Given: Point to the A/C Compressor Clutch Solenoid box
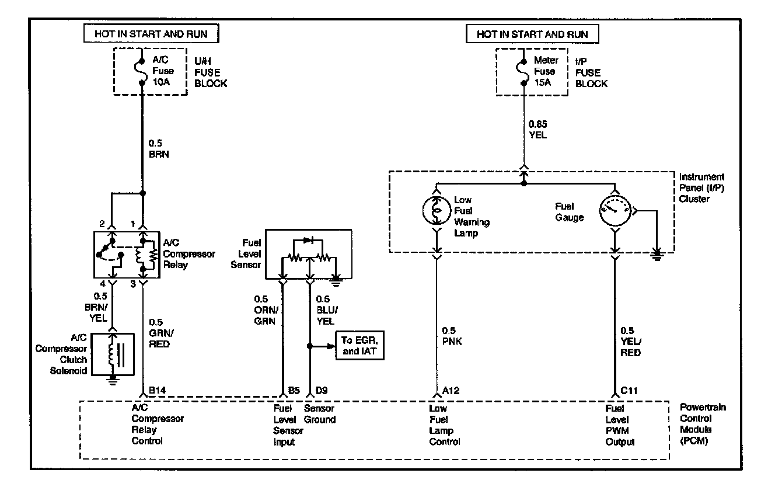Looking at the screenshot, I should click(x=112, y=354).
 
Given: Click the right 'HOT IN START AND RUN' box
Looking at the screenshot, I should click(x=532, y=34).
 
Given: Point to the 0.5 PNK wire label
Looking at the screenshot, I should click(x=452, y=336).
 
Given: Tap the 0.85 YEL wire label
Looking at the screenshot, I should click(x=538, y=130).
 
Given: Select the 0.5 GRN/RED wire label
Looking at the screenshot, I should click(x=159, y=333).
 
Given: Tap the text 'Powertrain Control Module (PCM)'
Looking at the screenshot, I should click(x=703, y=423).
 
